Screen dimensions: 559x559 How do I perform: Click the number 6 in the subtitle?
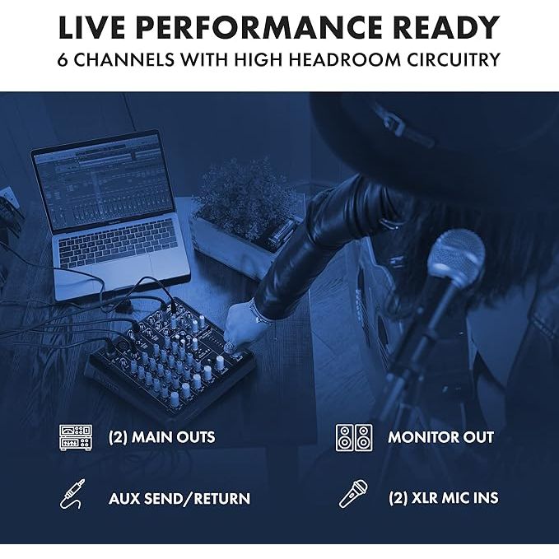[x=63, y=59]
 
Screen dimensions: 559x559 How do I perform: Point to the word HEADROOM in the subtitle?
[x=344, y=59]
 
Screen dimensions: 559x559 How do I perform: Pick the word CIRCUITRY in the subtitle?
[x=454, y=59]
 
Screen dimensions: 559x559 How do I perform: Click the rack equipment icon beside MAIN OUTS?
[x=76, y=437]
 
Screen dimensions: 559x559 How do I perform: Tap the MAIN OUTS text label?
[x=161, y=437]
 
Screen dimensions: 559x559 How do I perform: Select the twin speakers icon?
[x=354, y=437]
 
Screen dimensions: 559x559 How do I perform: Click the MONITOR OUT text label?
[x=440, y=437]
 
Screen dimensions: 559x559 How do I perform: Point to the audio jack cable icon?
[x=72, y=494]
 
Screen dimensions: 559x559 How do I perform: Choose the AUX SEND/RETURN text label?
[x=179, y=498]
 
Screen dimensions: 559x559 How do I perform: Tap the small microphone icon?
[x=353, y=494]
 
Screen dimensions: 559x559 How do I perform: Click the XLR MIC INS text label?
[x=443, y=498]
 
